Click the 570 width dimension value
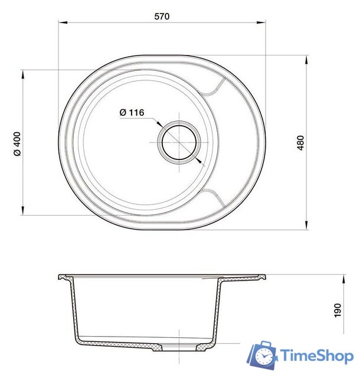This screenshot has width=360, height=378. point(162,17)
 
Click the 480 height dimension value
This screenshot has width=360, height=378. point(301,142)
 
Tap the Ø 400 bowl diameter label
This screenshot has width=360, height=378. point(17,142)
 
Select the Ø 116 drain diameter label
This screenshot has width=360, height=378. point(132,112)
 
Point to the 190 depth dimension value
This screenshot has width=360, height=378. point(338,310)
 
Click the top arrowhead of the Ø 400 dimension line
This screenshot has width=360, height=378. point(23,73)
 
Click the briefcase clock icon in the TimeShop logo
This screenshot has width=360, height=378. point(263,356)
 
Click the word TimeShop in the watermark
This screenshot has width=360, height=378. point(316,356)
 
